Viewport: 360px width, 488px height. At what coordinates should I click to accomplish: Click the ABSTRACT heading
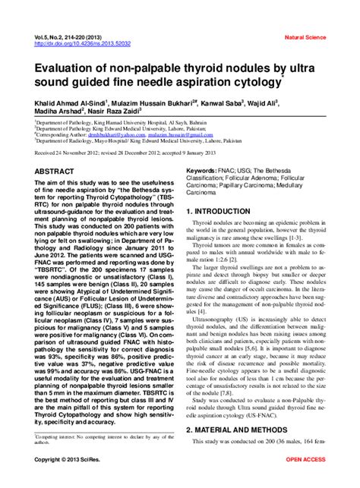tap(55, 172)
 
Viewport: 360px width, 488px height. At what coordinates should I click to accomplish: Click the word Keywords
tap(206, 172)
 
